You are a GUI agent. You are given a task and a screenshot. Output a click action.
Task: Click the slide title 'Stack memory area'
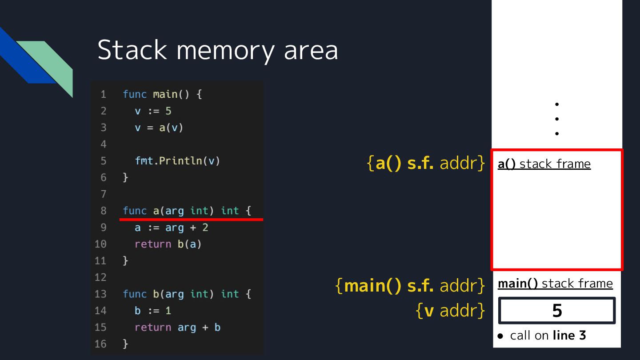[x=217, y=50]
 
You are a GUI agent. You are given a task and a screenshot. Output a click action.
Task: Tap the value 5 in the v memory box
[x=557, y=311]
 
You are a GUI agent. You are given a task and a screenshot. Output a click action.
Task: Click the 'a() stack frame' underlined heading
[x=544, y=164]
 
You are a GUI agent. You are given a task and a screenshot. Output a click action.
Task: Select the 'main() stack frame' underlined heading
[x=555, y=284]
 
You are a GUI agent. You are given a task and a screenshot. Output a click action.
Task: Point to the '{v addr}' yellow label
[x=450, y=311]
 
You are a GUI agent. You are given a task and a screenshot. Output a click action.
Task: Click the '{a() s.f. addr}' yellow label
[x=426, y=164]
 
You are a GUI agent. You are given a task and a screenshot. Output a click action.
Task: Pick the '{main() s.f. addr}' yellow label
[x=410, y=286]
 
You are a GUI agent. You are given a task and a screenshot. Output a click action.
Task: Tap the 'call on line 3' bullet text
[x=548, y=336]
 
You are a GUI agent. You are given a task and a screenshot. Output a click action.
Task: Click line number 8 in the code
[x=103, y=211]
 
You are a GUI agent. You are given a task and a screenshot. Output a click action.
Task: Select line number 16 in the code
[x=100, y=344]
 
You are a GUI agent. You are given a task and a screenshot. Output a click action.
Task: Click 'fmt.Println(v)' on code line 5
[x=177, y=161]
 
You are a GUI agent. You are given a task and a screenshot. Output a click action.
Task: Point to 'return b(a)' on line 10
[x=168, y=244]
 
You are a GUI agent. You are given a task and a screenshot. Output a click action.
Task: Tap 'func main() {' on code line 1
[x=162, y=94]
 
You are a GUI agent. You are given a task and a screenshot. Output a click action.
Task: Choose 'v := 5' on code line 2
[x=153, y=111]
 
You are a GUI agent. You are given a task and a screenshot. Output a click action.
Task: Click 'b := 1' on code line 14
[x=153, y=311]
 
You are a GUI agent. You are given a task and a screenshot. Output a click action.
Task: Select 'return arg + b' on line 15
[x=177, y=328]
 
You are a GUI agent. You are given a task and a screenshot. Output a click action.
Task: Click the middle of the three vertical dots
[x=557, y=119]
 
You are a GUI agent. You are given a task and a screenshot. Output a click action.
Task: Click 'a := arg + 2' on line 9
[x=171, y=228]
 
